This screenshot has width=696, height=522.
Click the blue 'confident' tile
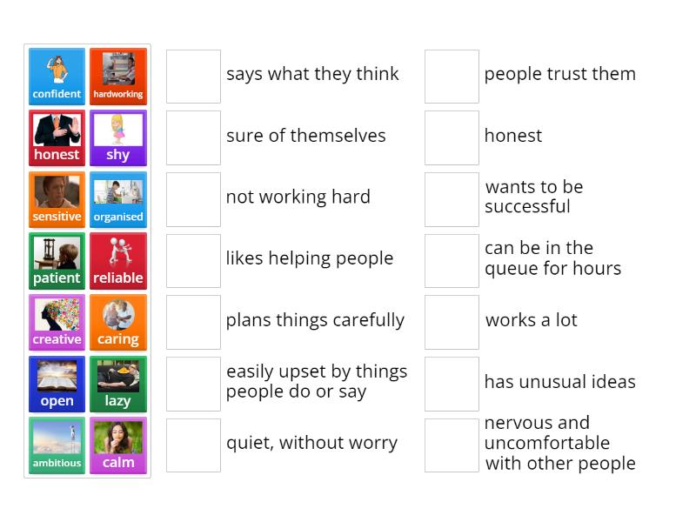[x=57, y=77]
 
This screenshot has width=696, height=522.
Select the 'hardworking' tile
[x=118, y=77]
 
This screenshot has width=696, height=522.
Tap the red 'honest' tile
[x=57, y=138]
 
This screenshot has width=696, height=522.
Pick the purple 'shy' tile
[x=118, y=138]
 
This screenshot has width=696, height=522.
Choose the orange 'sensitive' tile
[x=57, y=200]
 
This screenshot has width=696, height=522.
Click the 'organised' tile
[x=118, y=200]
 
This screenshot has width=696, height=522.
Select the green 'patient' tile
[x=57, y=261]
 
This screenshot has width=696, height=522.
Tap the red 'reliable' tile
[x=118, y=261]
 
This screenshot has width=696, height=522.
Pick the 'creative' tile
[x=57, y=323]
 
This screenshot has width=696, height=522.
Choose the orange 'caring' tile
[x=118, y=323]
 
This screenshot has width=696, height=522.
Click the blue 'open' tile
[x=57, y=385]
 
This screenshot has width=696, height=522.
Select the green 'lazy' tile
[x=118, y=385]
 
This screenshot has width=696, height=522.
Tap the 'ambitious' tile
[x=57, y=445]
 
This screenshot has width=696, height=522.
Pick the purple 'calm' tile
[x=118, y=445]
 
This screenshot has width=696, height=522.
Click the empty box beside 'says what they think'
[x=193, y=77]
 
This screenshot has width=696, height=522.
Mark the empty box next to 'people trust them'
[x=452, y=77]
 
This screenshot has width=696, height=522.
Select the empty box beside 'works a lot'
[x=452, y=322]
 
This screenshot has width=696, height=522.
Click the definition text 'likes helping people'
[x=310, y=258]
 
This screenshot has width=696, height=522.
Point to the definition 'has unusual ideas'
[x=559, y=382]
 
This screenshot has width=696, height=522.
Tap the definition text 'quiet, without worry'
[x=311, y=443]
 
